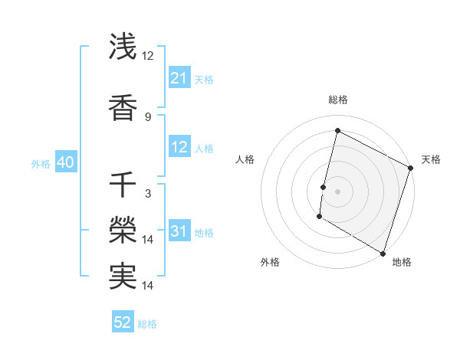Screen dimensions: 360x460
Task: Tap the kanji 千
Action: [123, 186]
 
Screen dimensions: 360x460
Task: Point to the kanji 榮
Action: [123, 231]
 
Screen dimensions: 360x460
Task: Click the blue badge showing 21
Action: [179, 78]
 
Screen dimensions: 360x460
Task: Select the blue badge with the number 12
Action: [179, 148]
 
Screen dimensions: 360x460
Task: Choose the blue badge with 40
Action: [64, 163]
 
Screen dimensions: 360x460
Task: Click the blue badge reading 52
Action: [123, 323]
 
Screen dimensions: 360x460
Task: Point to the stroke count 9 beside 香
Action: [148, 116]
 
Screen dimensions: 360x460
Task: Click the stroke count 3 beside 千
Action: [148, 195]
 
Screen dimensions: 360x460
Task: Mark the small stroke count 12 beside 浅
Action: [148, 56]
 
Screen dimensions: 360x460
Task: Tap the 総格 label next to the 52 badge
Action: [147, 324]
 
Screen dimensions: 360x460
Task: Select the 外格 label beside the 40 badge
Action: [41, 164]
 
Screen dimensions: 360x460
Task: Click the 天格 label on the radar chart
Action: [431, 159]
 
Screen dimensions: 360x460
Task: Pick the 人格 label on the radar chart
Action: [245, 159]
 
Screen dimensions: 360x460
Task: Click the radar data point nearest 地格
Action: [383, 253]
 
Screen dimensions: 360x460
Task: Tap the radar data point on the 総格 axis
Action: [337, 130]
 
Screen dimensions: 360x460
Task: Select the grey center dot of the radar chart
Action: [337, 191]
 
